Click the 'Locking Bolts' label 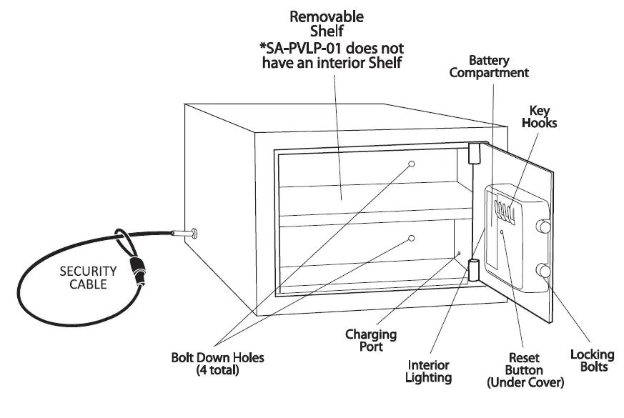(x=593, y=360)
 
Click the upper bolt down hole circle (x=412, y=164)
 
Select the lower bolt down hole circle (x=412, y=239)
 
